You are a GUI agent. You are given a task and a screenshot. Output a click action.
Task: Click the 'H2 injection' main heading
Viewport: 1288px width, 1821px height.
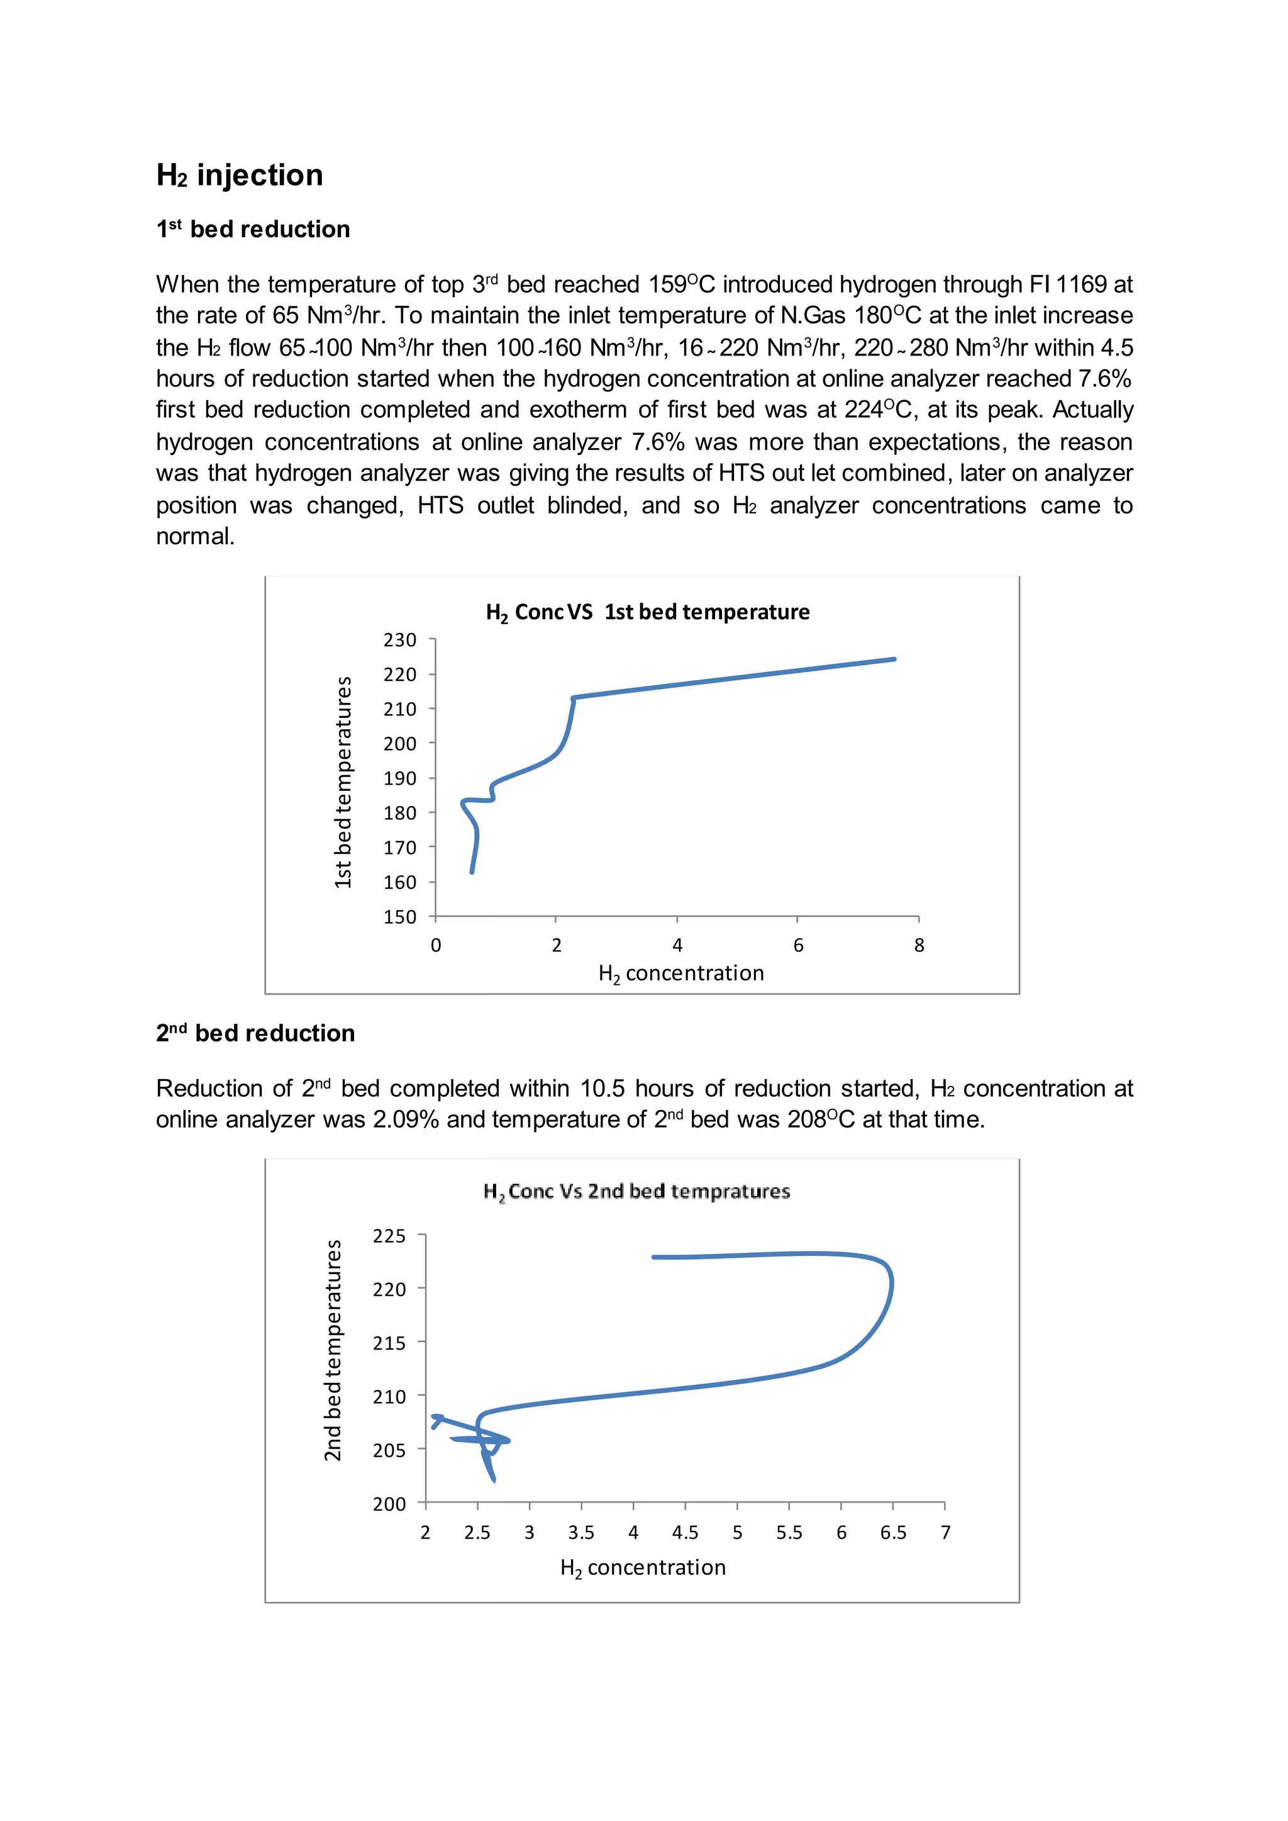click(x=240, y=176)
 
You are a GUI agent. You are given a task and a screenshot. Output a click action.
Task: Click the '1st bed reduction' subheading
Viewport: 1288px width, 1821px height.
click(x=253, y=229)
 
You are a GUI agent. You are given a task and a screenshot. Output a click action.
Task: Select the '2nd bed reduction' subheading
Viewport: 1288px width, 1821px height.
click(x=255, y=1033)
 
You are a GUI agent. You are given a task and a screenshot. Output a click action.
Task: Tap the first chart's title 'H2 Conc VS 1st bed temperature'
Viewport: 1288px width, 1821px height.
click(x=647, y=612)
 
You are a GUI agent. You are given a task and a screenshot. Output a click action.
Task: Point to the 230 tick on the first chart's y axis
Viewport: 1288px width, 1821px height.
click(x=400, y=639)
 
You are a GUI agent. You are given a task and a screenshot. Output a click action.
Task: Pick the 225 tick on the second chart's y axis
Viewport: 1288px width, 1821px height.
click(x=389, y=1235)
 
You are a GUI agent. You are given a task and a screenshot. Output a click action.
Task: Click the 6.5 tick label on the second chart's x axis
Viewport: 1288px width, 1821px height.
click(x=892, y=1532)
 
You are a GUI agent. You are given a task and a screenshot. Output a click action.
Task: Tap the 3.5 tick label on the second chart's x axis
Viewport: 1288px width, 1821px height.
click(x=580, y=1532)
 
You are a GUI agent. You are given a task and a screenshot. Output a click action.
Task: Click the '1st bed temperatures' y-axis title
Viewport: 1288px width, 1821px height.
click(x=343, y=782)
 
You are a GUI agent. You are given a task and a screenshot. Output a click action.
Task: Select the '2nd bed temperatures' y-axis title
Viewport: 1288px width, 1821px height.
click(x=332, y=1350)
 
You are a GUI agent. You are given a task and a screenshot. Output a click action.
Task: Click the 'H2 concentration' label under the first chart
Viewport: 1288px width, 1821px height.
click(x=680, y=973)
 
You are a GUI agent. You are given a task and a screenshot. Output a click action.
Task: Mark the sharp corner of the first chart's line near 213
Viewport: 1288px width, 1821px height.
click(x=574, y=698)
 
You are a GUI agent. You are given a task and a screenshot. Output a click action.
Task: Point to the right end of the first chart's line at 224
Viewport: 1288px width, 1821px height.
click(x=894, y=659)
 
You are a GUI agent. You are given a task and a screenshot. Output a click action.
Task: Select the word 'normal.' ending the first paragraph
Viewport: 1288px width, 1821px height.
click(x=195, y=536)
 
